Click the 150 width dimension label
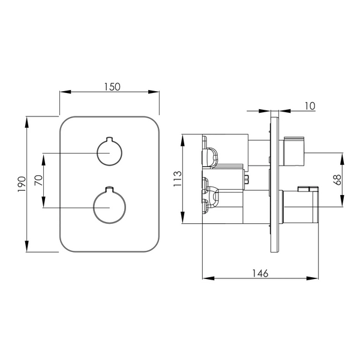(x=112, y=87)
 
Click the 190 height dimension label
(x=22, y=184)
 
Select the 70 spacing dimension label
(x=38, y=180)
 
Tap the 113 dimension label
(x=178, y=179)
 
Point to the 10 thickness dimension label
(x=310, y=106)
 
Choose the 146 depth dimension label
(x=260, y=273)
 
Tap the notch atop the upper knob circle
(x=110, y=139)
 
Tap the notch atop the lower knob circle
(x=110, y=189)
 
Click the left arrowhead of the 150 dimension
(x=65, y=92)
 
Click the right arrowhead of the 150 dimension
(x=154, y=92)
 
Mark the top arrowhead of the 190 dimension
(x=26, y=122)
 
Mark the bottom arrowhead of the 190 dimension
(x=26, y=247)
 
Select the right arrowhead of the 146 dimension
(x=313, y=278)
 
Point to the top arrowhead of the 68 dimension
(x=342, y=158)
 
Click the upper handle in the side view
(x=294, y=151)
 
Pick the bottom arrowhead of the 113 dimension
(x=182, y=218)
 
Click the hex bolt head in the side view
(x=247, y=179)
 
